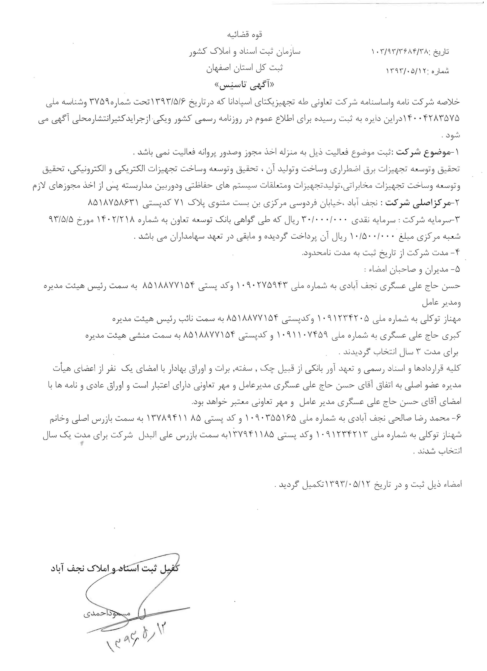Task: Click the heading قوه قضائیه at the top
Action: coord(245,35)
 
